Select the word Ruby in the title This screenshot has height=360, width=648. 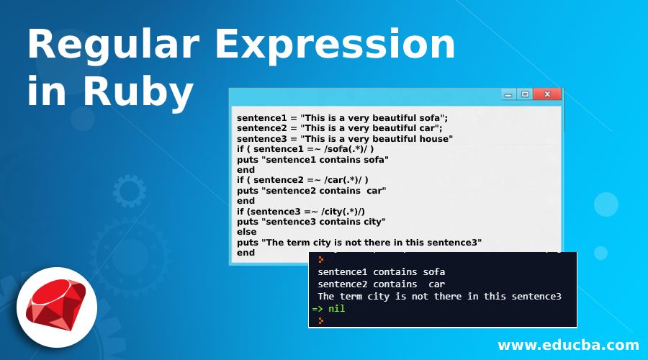(138, 91)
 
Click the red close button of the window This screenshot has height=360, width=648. (546, 94)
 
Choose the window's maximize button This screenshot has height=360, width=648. (525, 94)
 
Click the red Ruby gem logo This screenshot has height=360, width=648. (56, 305)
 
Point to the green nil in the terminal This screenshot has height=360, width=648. (336, 308)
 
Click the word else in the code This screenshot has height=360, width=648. (247, 232)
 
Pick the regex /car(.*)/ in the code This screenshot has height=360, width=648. (343, 180)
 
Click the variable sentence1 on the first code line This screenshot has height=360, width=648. (262, 118)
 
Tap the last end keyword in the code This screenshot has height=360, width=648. (246, 253)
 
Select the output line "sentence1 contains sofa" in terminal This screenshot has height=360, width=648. (381, 272)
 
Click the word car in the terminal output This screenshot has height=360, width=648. (436, 284)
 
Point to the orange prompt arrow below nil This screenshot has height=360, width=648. (320, 320)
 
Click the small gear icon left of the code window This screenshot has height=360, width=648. (130, 191)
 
